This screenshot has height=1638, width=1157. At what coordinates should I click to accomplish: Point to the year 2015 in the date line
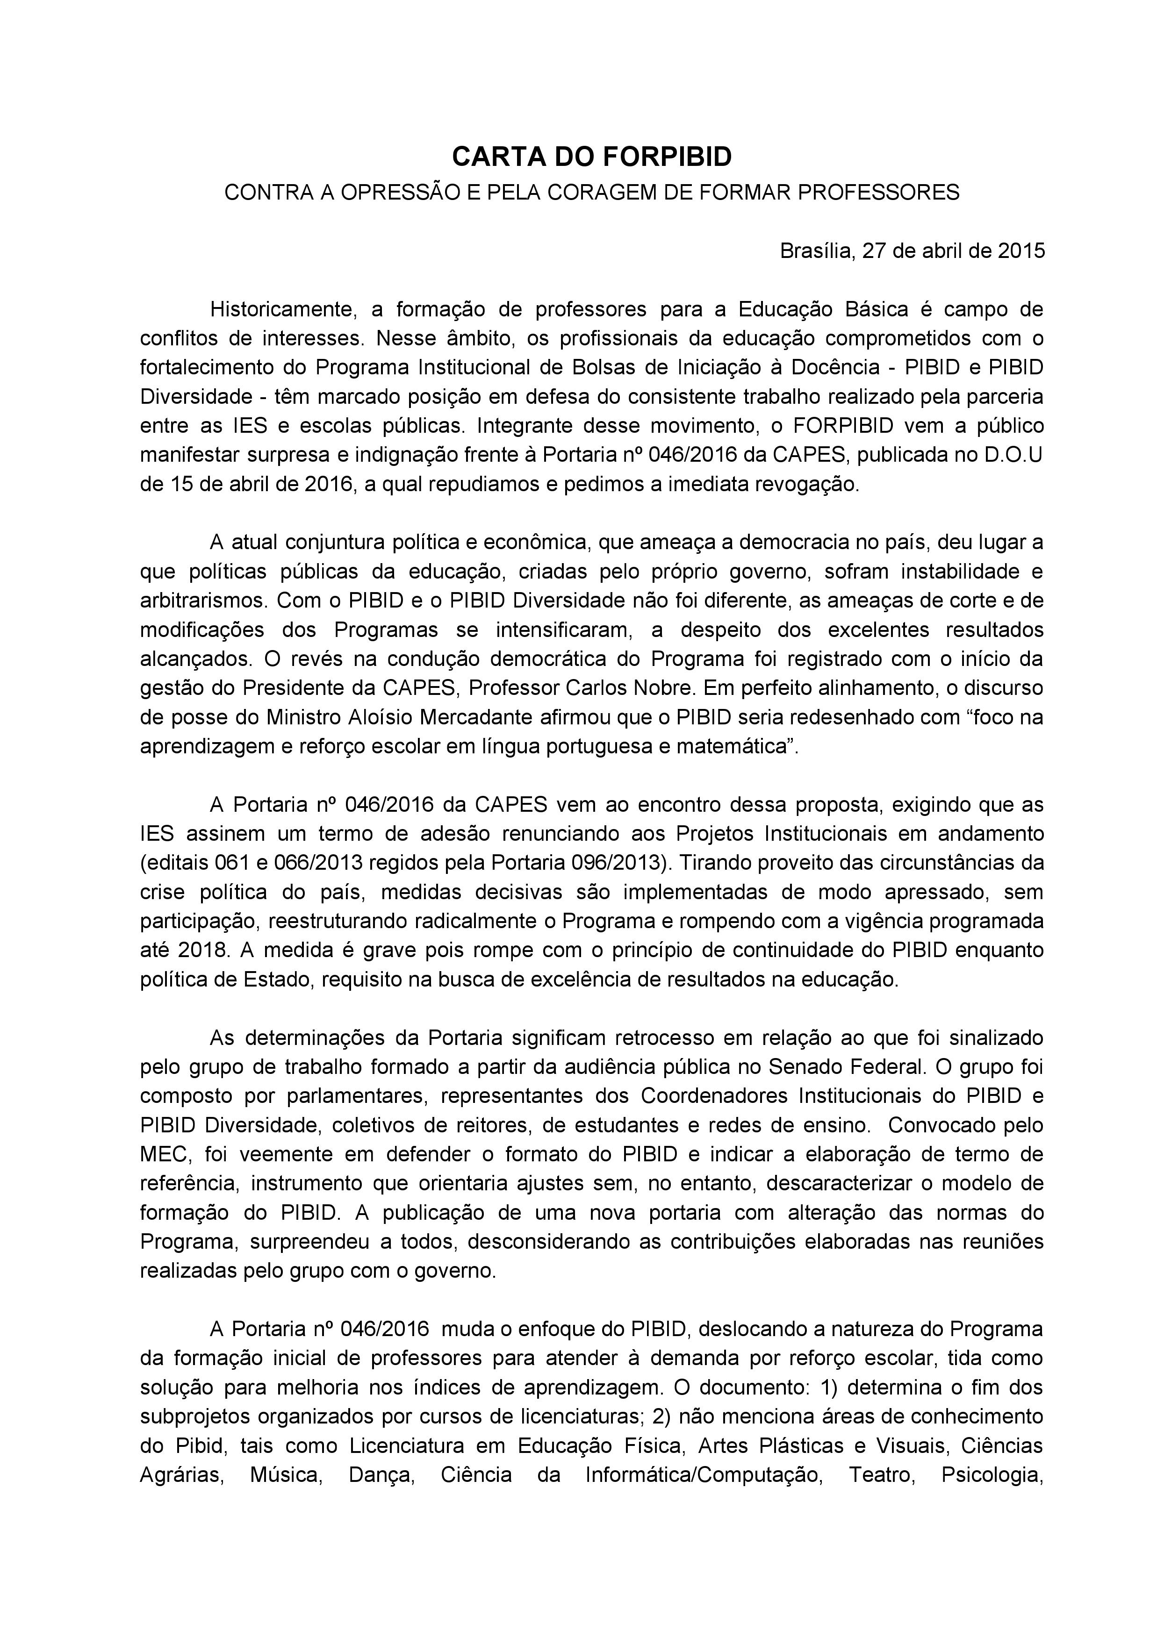click(1021, 251)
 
